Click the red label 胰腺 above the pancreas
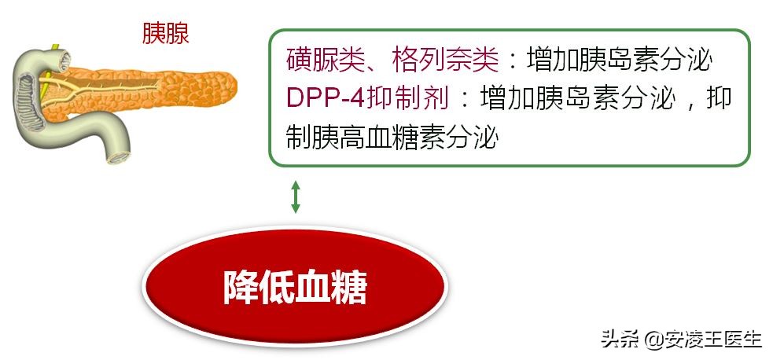[165, 32]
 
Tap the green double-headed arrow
[296, 197]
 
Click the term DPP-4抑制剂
[368, 98]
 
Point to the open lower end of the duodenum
[120, 156]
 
